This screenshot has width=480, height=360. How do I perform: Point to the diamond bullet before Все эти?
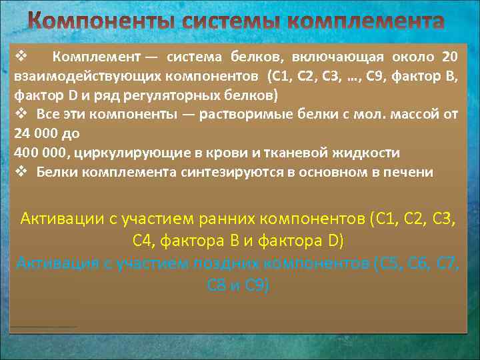[19, 114]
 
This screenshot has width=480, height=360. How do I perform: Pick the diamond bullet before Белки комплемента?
[19, 172]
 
